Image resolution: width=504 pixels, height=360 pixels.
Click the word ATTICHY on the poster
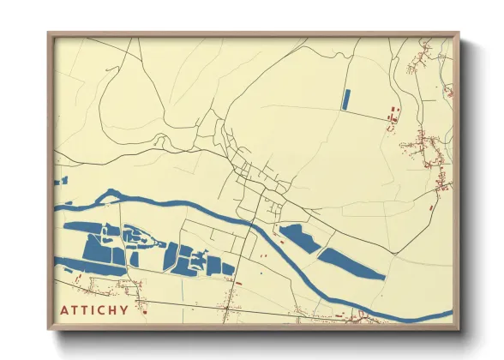coord(94,310)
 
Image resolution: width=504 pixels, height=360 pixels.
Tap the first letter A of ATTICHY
coord(63,310)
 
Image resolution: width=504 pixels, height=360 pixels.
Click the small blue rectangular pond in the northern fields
coord(346,99)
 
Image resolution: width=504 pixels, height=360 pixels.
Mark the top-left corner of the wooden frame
coord(49,35)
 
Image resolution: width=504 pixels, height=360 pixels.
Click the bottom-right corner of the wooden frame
coord(458,329)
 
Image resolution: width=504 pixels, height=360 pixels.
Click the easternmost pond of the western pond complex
coord(227,268)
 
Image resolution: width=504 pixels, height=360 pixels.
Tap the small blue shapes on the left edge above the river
coord(61,180)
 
